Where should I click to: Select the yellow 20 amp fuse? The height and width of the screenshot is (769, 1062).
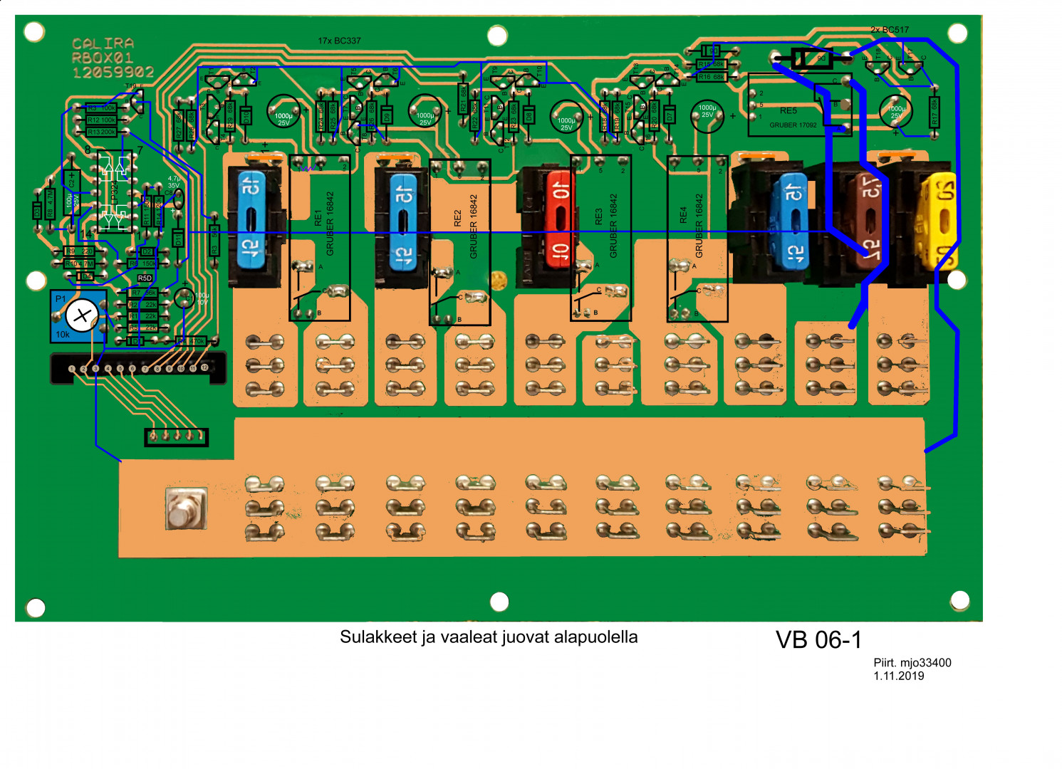(939, 221)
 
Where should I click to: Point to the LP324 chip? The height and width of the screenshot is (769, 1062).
(115, 192)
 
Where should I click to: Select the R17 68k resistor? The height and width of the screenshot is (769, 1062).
(934, 112)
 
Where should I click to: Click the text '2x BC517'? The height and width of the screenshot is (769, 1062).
(890, 30)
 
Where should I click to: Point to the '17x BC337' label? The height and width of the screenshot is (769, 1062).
(339, 41)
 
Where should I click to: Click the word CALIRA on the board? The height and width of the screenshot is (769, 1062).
(103, 44)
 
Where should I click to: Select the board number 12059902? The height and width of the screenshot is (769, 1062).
(113, 72)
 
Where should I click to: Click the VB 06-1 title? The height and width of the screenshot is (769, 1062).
(818, 640)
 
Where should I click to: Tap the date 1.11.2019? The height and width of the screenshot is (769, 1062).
(899, 676)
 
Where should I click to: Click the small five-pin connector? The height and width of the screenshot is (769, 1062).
(177, 436)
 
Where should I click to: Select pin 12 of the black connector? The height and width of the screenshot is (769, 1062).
(204, 367)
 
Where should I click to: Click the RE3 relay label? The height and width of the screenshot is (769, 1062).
(598, 217)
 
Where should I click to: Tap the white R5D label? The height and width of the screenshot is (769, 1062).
(145, 278)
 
